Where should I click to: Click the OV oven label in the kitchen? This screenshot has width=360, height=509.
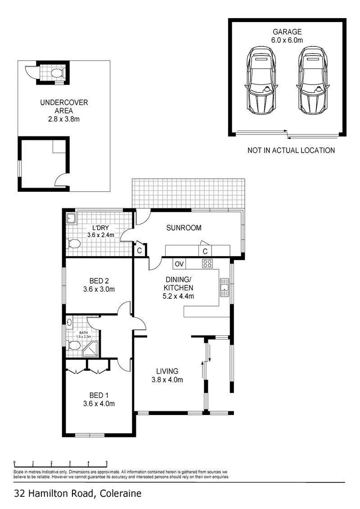[179, 264]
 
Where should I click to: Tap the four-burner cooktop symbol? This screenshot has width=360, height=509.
[207, 263]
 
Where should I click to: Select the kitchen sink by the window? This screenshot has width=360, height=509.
[225, 287]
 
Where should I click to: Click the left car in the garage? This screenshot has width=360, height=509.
[261, 80]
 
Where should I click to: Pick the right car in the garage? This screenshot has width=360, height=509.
[313, 80]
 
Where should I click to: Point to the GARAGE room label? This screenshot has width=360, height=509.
[287, 32]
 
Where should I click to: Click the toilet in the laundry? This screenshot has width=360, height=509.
[74, 243]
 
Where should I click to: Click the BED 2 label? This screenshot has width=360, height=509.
[99, 281]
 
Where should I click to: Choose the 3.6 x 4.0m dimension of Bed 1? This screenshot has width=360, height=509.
[99, 404]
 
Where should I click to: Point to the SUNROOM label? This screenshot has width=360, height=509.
[184, 228]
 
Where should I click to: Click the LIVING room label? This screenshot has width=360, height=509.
[167, 371]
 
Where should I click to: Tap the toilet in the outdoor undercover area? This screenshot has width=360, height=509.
[57, 73]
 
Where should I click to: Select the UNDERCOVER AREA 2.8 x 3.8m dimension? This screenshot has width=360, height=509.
[64, 119]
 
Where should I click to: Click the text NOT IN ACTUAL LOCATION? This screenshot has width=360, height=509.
[291, 150]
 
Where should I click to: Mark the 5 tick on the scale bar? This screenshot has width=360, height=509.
[107, 464]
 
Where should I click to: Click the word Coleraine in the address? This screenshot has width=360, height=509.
[121, 494]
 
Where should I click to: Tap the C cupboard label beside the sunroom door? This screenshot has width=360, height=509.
[139, 251]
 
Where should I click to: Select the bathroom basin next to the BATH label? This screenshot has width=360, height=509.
[69, 322]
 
